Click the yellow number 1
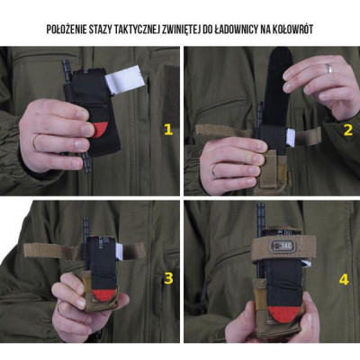(168, 130)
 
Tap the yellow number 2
(348, 130)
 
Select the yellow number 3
(168, 279)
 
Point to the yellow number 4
(344, 280)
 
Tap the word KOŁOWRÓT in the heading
(292, 30)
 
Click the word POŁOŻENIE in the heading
(66, 30)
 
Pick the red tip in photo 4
(284, 313)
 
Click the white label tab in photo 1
(126, 79)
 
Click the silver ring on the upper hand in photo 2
(329, 68)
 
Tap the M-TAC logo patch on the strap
(281, 246)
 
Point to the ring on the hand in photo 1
(35, 142)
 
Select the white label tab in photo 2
(290, 137)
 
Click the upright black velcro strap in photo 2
(279, 86)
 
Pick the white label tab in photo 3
(119, 251)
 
